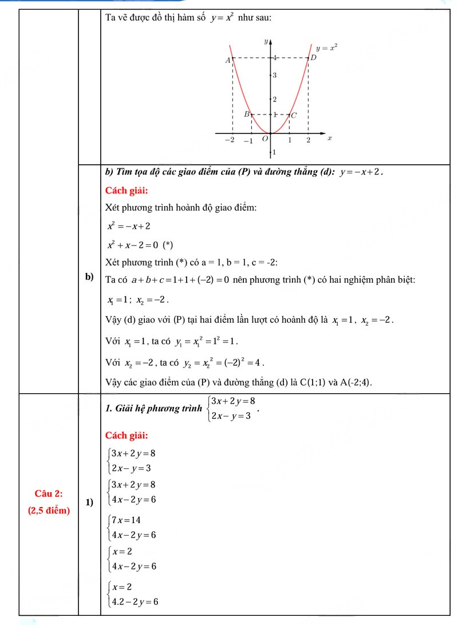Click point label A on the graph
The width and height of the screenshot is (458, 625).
[227, 60]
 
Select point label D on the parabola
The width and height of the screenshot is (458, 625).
[313, 58]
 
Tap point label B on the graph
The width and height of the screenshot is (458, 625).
[247, 114]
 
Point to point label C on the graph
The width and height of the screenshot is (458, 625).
[294, 115]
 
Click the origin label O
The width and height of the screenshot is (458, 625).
[264, 139]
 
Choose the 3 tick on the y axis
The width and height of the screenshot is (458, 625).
[275, 76]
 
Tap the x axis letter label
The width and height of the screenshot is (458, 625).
[330, 139]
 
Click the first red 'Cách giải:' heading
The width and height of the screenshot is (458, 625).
[127, 190]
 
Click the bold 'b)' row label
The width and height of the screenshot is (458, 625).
[89, 277]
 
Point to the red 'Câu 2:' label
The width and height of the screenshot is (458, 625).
[49, 493]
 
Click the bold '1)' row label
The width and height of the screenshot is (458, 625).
[89, 503]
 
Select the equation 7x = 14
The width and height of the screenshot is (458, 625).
[127, 520]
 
